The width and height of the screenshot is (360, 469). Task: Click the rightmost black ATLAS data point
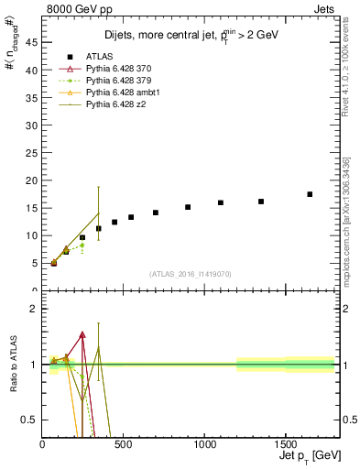(310, 194)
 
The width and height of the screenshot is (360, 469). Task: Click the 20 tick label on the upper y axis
(33, 180)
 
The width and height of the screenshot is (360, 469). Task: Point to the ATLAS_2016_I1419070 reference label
(191, 273)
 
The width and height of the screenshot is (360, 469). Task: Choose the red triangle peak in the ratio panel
(82, 335)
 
